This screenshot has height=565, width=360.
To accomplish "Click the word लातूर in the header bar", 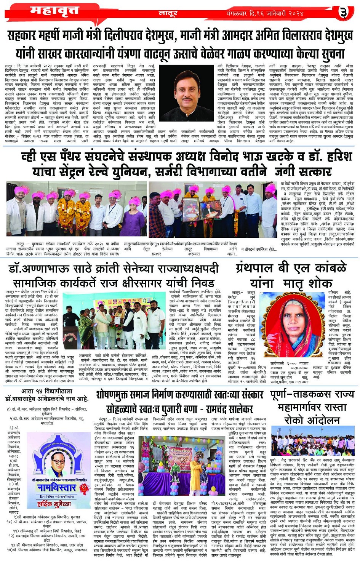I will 168,14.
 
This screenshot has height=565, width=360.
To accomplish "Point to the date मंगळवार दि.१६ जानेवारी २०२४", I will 265,14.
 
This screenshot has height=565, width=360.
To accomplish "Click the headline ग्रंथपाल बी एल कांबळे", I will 291,268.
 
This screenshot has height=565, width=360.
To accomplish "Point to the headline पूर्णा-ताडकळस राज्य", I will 312,395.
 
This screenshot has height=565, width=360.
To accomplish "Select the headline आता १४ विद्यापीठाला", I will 46,391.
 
